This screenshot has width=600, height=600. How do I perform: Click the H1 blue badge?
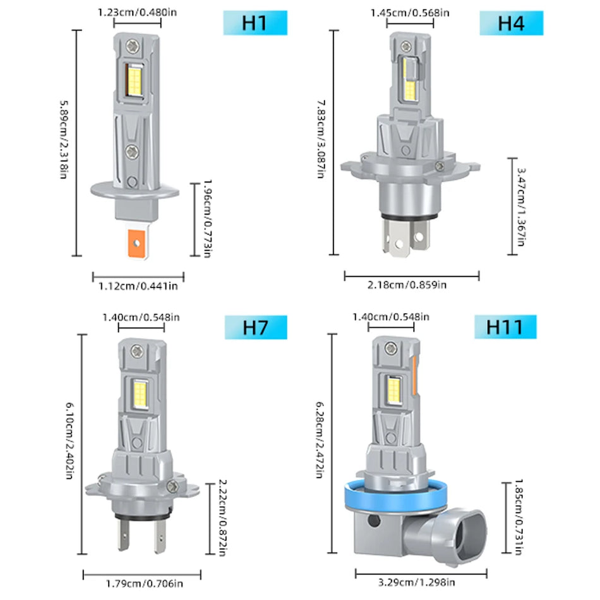coord(255,23)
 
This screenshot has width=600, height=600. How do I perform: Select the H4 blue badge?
coord(511,23)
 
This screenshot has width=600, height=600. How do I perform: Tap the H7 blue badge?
coord(255,328)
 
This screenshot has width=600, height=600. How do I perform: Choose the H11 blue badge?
coord(505,328)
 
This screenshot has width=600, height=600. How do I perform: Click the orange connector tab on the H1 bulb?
coord(137,243)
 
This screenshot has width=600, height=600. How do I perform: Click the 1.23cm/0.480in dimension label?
coord(136,11)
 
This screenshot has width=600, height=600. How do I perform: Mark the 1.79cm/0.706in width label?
coord(141,584)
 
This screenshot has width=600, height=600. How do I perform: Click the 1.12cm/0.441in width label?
coord(138,286)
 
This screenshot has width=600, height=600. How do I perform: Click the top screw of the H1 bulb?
coord(133,45)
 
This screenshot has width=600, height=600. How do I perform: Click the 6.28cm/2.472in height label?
coord(320,448)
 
